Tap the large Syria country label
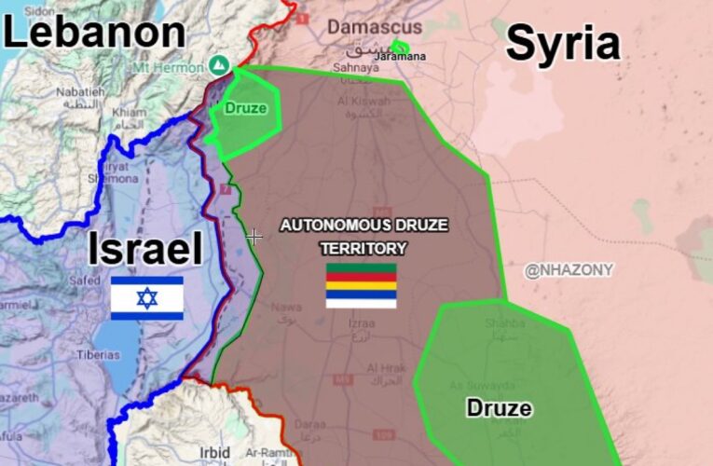click(x=563, y=44)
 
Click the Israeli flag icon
click(x=146, y=298)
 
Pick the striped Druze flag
click(x=361, y=285)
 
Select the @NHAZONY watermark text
click(x=569, y=270)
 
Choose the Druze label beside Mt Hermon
click(x=244, y=108)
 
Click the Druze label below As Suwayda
click(x=499, y=407)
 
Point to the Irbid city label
click(x=214, y=452)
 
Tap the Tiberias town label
click(x=99, y=355)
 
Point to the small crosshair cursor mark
click(x=254, y=237)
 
